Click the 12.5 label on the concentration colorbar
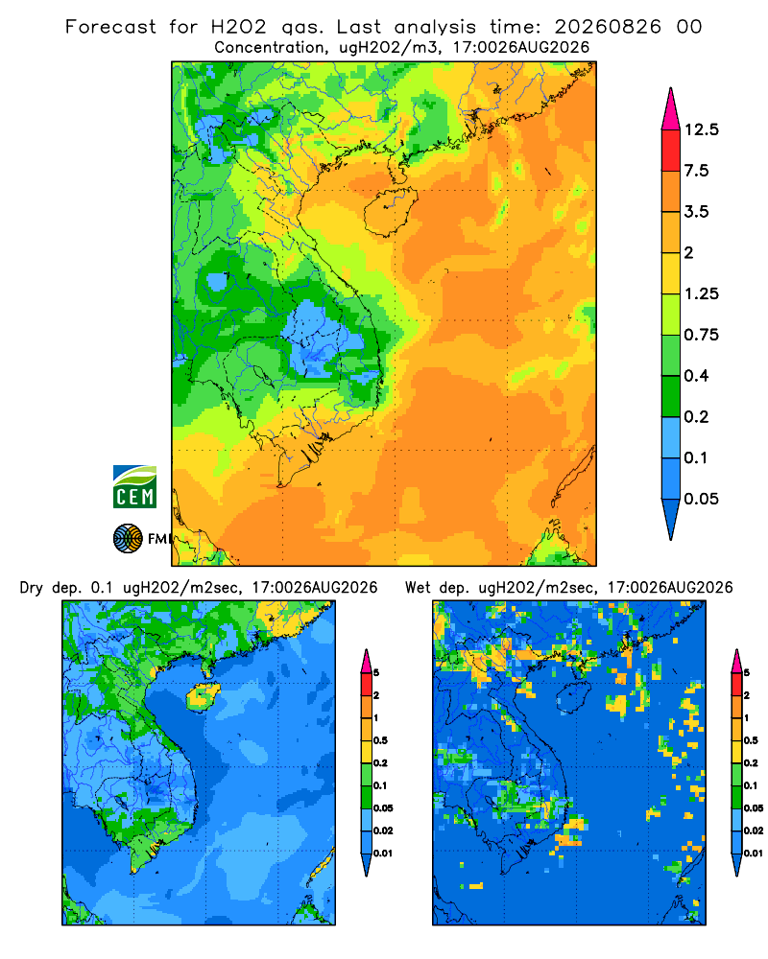click(x=701, y=129)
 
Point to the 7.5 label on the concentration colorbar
click(x=696, y=171)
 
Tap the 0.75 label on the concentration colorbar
click(x=701, y=335)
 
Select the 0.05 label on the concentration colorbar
click(x=701, y=499)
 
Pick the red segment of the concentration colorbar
click(x=671, y=151)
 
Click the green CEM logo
click(x=134, y=486)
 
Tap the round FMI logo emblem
click(x=128, y=538)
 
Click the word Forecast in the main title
click(x=110, y=27)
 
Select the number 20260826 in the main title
click(x=608, y=27)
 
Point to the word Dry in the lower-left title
click(x=32, y=588)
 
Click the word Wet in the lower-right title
click(x=419, y=588)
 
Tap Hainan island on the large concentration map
click(x=390, y=212)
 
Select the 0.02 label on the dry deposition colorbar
click(x=383, y=830)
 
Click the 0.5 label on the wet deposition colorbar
click(x=750, y=740)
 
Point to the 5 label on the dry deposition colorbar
click(x=376, y=673)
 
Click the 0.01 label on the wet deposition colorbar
click(x=754, y=854)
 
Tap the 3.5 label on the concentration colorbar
click(x=696, y=212)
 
